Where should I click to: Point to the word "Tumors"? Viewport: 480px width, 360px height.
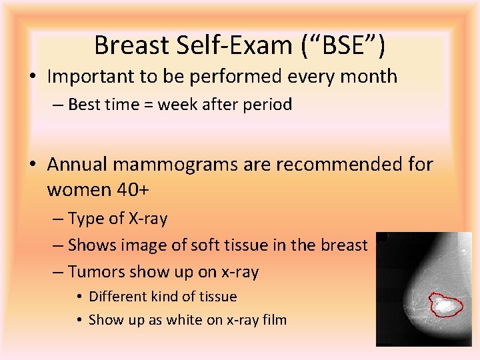tap(96, 272)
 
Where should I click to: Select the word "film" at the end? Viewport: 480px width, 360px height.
tap(273, 320)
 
